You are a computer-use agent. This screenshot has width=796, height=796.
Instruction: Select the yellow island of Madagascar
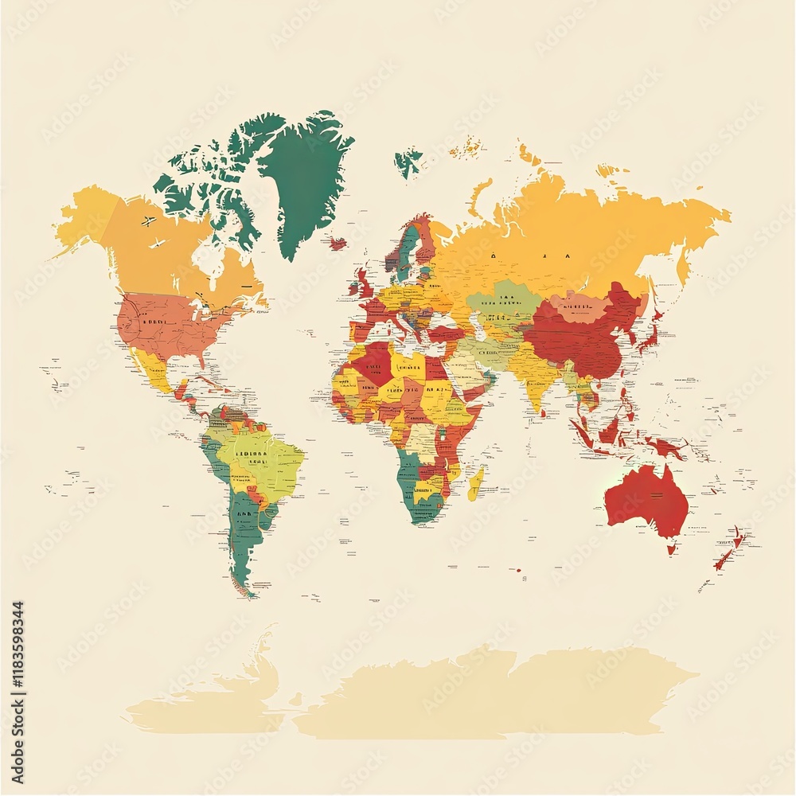[x=475, y=482]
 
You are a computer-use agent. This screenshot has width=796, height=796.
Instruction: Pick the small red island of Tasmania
[x=672, y=548]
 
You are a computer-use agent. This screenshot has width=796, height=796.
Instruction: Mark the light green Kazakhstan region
[x=501, y=302]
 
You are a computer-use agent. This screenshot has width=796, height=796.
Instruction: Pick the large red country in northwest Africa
[x=370, y=362]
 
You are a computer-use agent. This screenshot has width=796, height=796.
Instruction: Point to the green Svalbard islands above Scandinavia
[x=408, y=161]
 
